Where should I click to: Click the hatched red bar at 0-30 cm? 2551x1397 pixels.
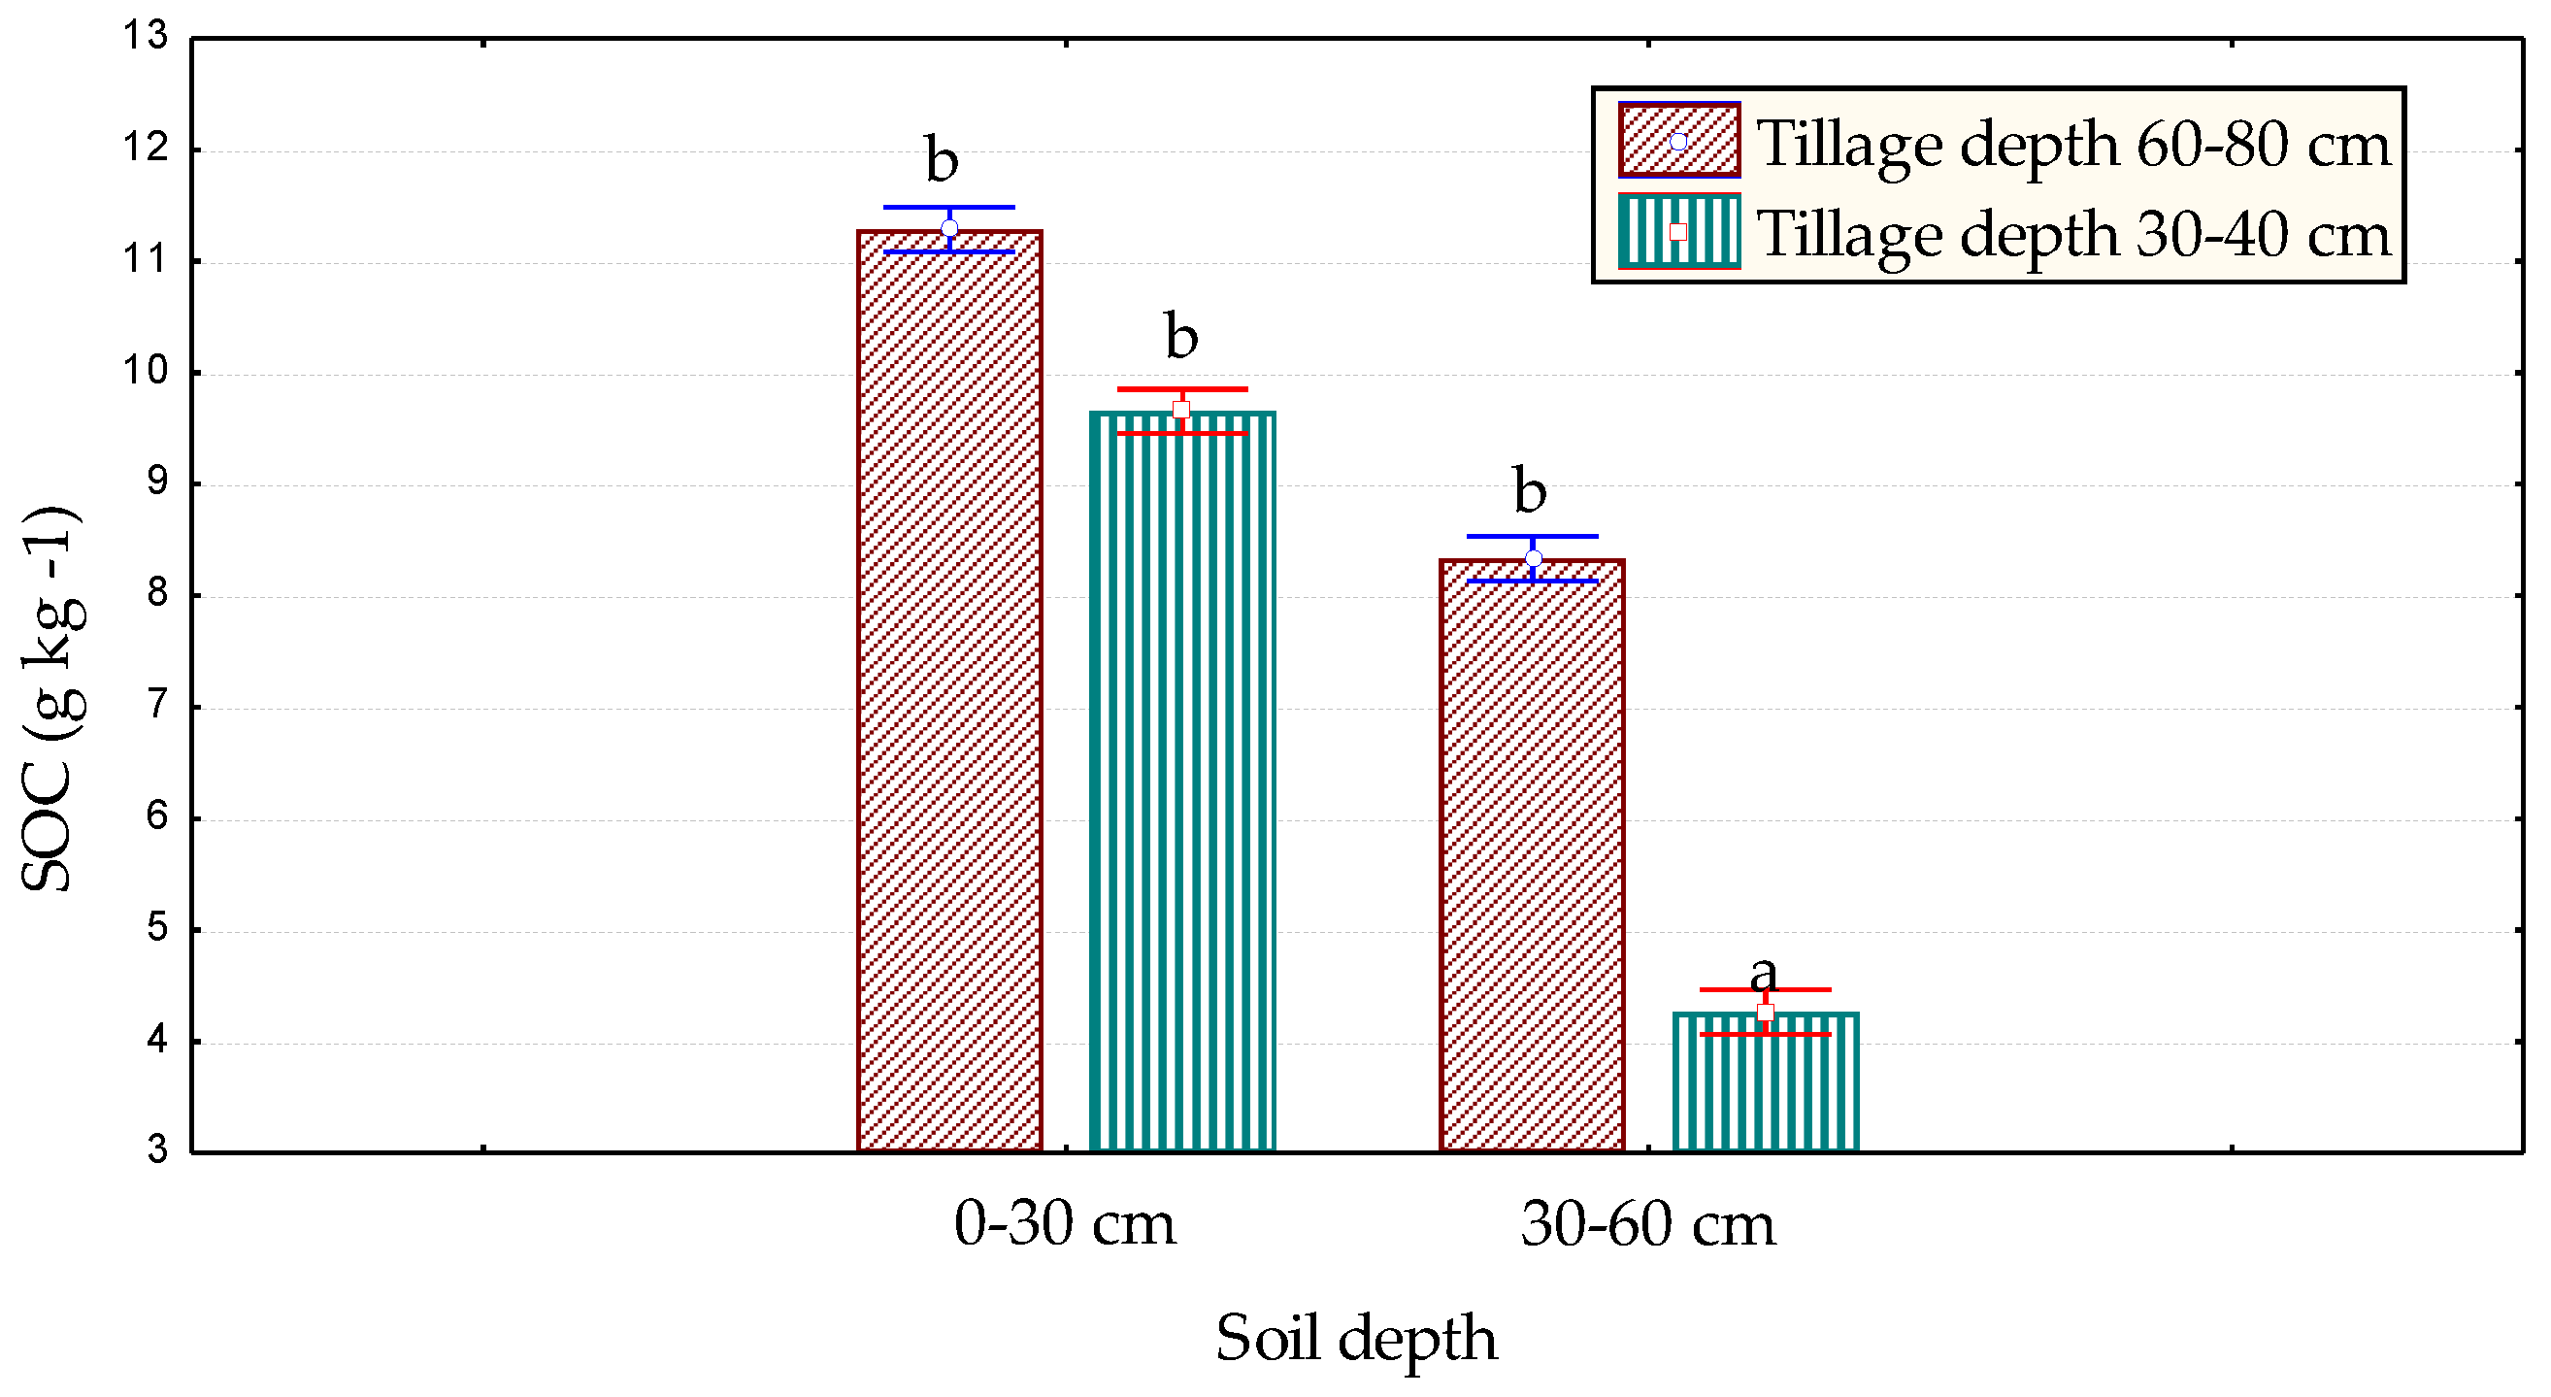948,693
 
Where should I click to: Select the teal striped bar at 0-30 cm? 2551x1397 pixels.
1181,782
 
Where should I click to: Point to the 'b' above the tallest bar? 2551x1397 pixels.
942,159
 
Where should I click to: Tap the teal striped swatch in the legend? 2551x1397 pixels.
1678,232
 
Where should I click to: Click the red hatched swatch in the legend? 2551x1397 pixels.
1678,142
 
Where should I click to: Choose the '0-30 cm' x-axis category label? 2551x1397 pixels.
1065,1224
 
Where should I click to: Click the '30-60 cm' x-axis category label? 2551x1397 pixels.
1648,1224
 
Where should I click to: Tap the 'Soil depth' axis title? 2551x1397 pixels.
1356,1338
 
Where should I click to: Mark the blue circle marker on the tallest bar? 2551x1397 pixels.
949,229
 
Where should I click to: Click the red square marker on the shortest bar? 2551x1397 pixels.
1765,1012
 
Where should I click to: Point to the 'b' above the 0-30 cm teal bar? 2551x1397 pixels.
1180,337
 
